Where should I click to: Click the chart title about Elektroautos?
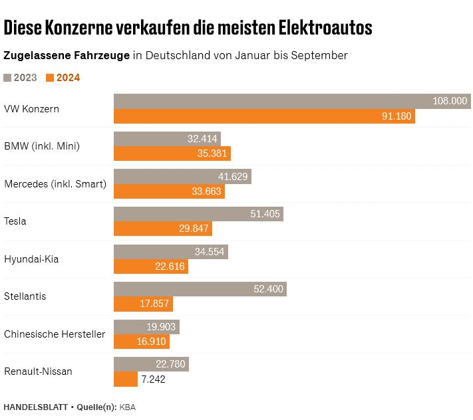[188, 28]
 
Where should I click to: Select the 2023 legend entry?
[21, 78]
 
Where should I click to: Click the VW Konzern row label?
[31, 108]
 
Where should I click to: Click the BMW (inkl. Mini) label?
[42, 146]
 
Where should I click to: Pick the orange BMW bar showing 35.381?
[172, 154]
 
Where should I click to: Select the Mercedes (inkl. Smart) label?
[55, 184]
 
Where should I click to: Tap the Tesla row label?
[15, 221]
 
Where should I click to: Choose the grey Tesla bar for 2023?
[198, 214]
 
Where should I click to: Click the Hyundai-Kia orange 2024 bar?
[151, 266]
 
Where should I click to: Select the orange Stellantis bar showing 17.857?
[143, 304]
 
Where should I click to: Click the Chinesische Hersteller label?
[55, 334]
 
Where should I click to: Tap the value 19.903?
[160, 327]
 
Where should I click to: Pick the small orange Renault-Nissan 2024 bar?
[125, 379]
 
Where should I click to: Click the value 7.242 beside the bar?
[152, 379]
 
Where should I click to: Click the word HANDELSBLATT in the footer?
[35, 406]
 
